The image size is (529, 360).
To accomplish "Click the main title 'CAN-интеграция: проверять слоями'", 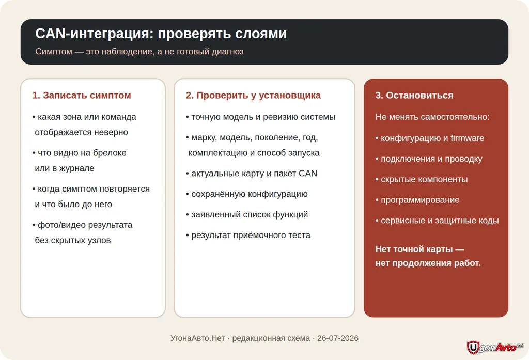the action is pyautogui.click(x=161, y=34).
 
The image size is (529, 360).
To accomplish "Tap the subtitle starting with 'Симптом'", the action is pyautogui.click(x=139, y=51).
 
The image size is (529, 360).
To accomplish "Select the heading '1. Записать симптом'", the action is pyautogui.click(x=82, y=95).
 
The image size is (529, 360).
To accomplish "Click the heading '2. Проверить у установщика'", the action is pyautogui.click(x=253, y=95).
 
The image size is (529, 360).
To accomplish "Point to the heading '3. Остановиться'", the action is pyautogui.click(x=414, y=95).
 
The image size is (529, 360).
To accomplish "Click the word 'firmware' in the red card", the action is pyautogui.click(x=467, y=138).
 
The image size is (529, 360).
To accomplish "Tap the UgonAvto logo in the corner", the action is pyautogui.click(x=495, y=347).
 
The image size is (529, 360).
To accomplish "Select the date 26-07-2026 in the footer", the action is pyautogui.click(x=338, y=338).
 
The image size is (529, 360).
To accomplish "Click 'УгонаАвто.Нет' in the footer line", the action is pyautogui.click(x=198, y=338).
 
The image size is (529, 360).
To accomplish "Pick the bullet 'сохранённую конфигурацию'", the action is pyautogui.click(x=246, y=194).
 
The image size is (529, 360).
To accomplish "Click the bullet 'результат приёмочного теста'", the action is pyautogui.click(x=248, y=235).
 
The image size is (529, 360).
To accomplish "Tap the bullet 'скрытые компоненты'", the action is pyautogui.click(x=422, y=179).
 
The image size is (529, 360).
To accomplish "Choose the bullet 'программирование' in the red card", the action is pyautogui.click(x=417, y=200).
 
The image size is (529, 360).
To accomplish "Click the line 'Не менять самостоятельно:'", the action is pyautogui.click(x=432, y=117).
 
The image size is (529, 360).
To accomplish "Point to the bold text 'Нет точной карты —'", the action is pyautogui.click(x=419, y=249).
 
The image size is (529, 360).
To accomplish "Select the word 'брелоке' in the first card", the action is pyautogui.click(x=110, y=153).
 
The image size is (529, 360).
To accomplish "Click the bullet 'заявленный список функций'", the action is pyautogui.click(x=247, y=214).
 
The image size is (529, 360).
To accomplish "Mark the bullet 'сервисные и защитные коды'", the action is pyautogui.click(x=437, y=221).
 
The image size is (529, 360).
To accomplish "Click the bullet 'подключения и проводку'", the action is pyautogui.click(x=429, y=159).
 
